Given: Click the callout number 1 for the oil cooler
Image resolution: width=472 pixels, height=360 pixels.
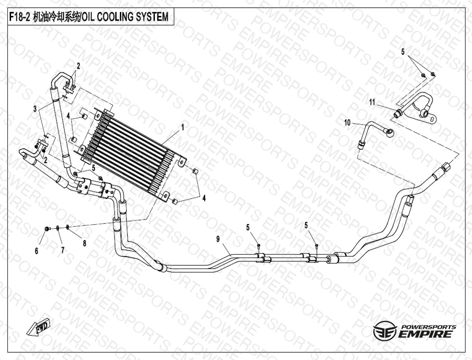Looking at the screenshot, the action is tap(183, 128).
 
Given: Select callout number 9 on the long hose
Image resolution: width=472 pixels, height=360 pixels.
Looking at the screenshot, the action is tap(218, 239).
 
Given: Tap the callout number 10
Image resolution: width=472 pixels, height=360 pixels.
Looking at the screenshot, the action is tap(347, 123).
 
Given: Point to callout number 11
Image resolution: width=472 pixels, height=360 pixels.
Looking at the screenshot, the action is tap(372, 103).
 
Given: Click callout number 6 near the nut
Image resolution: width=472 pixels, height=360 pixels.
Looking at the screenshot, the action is tap(37, 251).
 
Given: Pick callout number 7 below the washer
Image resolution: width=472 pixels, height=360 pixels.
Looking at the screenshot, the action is tap(63, 250).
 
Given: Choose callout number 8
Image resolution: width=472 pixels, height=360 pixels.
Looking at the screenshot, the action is tap(85, 244).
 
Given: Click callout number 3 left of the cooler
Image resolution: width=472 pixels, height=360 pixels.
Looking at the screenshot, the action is tap(35, 109).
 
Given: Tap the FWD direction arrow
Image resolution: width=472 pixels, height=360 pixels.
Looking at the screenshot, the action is tap(39, 328).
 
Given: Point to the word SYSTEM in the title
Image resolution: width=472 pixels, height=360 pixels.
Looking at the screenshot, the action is tap(155, 17).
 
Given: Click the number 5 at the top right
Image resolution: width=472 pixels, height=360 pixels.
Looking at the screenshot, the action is tap(403, 52).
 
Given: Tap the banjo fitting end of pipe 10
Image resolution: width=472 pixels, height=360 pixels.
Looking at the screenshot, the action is tap(389, 131).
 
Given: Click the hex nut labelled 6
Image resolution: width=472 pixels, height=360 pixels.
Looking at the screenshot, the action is tap(47, 230).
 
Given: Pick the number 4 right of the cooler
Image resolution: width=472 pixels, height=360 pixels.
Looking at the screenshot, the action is tap(204, 198).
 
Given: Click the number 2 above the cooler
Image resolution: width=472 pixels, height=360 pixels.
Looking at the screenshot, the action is tap(78, 66).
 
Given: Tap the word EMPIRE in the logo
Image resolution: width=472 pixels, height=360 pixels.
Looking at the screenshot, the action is tap(425, 334).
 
